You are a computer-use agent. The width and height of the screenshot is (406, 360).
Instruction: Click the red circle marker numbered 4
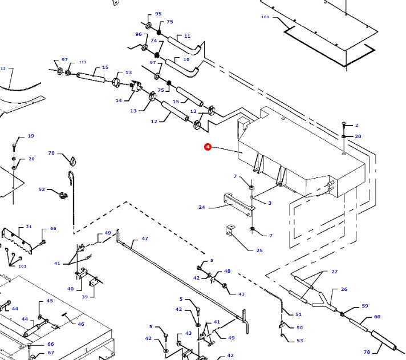(208, 147)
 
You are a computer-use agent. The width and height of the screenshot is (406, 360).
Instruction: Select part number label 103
(265, 17)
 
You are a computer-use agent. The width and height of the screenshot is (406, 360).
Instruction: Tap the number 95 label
(158, 14)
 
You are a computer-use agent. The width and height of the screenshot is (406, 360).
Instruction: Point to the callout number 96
(138, 34)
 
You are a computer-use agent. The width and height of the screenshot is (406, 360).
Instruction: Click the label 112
(83, 62)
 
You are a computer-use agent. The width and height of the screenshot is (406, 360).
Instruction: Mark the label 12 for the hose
(154, 122)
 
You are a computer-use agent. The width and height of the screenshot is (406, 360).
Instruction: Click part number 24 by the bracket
(201, 207)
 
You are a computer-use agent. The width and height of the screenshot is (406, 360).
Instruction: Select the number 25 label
(259, 250)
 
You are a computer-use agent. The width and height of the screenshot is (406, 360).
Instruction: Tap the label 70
(51, 153)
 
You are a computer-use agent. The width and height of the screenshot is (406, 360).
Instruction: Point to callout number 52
(42, 189)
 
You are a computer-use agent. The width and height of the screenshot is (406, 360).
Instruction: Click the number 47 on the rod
(145, 238)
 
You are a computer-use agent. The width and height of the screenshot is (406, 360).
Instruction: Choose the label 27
(335, 272)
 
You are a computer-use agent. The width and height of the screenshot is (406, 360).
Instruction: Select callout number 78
(366, 352)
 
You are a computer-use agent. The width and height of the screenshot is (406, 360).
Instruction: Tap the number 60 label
(377, 317)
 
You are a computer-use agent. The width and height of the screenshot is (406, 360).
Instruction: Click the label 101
(22, 266)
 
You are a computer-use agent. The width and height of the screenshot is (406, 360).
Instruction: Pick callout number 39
(84, 297)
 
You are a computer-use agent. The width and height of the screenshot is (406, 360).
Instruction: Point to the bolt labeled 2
(344, 125)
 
